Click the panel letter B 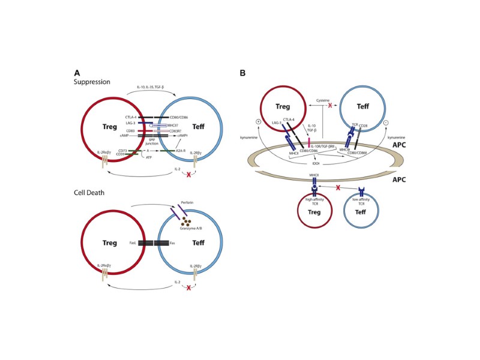[242, 73]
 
